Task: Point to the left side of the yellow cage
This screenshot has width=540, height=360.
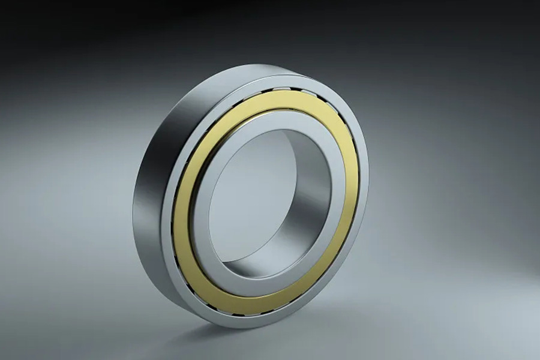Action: pyautogui.click(x=182, y=204)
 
